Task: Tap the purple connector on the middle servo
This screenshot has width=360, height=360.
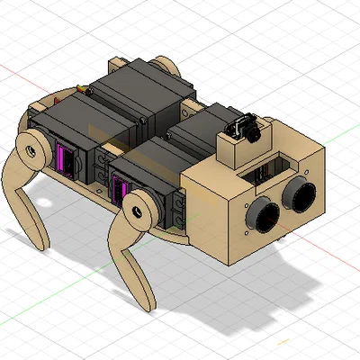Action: pos(117,188)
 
